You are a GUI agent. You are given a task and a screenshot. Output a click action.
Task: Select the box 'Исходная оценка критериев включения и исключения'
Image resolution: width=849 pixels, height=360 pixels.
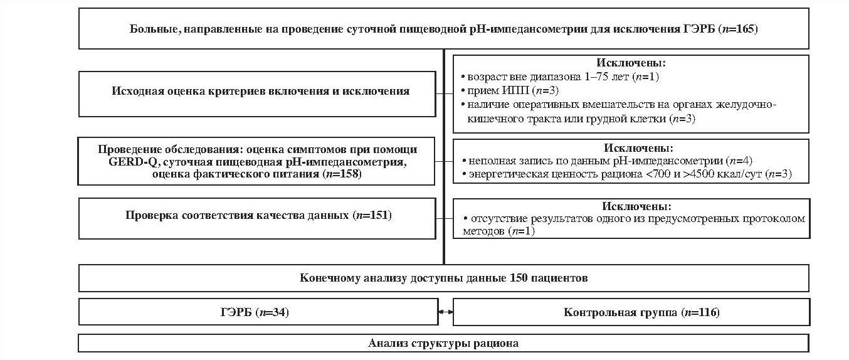(x=257, y=92)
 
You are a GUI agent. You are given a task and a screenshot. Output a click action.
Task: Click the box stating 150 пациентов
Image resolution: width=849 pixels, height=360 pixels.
(x=443, y=278)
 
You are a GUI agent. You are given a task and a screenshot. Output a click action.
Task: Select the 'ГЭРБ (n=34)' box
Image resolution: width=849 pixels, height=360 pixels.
(x=257, y=312)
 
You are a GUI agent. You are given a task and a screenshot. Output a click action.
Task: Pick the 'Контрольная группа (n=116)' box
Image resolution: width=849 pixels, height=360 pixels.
(x=630, y=312)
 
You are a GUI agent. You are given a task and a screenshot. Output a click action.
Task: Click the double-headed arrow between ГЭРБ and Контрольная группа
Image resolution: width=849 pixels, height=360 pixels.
(x=445, y=312)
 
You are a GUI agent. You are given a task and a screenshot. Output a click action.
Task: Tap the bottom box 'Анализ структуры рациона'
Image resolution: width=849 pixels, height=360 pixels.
(x=443, y=344)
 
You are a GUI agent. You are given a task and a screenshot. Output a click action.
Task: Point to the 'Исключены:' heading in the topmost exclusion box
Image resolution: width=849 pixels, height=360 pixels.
(x=631, y=63)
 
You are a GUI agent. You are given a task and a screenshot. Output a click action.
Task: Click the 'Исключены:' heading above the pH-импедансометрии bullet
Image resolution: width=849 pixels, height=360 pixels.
(x=631, y=149)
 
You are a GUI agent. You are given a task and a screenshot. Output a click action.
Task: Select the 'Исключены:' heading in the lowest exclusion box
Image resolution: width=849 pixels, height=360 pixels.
(x=631, y=206)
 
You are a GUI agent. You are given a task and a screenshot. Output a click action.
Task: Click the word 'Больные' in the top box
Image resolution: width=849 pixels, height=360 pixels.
(x=152, y=29)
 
